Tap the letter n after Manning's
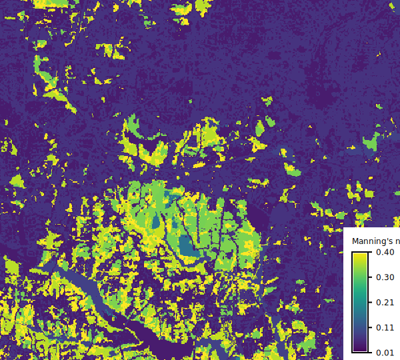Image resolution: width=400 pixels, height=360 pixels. click(x=397, y=241)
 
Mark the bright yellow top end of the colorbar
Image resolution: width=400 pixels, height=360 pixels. click(x=360, y=255)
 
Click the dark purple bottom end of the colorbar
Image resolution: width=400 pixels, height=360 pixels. click(x=360, y=348)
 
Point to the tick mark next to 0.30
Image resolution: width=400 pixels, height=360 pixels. click(x=369, y=277)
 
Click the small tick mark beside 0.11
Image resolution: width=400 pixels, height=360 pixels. click(x=369, y=327)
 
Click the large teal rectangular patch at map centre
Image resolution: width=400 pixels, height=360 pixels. click(x=189, y=245)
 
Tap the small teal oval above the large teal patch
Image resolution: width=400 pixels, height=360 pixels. click(x=156, y=221)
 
